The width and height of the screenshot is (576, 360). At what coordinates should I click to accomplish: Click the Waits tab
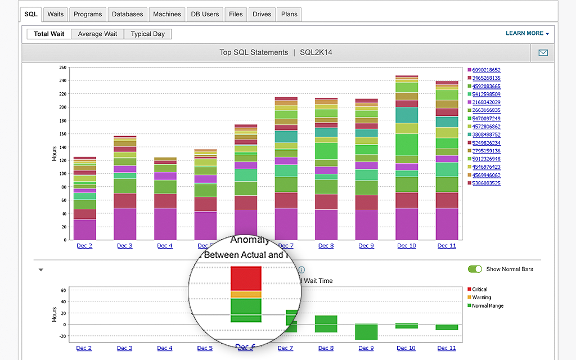pyautogui.click(x=55, y=14)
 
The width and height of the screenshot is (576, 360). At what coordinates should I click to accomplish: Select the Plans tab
pyautogui.click(x=289, y=14)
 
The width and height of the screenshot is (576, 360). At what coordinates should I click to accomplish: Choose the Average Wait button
pyautogui.click(x=97, y=34)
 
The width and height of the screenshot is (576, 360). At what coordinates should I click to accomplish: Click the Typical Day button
pyautogui.click(x=148, y=34)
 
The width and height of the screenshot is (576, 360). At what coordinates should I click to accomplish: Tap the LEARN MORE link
pyautogui.click(x=526, y=33)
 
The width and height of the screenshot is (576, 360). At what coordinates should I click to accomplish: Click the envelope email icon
pyautogui.click(x=543, y=53)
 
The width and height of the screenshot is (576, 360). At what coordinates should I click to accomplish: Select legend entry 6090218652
pyautogui.click(x=486, y=70)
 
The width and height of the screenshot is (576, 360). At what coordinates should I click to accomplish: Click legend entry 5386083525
pyautogui.click(x=486, y=183)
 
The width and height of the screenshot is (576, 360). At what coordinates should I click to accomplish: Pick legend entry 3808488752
pyautogui.click(x=486, y=134)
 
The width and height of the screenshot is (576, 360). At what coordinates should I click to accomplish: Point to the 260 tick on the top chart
pyautogui.click(x=62, y=67)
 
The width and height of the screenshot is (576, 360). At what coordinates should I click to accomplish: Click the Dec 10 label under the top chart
pyautogui.click(x=406, y=246)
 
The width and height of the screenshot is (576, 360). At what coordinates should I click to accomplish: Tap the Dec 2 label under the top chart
pyautogui.click(x=84, y=246)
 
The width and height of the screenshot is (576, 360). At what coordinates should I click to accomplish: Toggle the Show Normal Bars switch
pyautogui.click(x=475, y=269)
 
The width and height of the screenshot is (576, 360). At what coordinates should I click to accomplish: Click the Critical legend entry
pyautogui.click(x=479, y=289)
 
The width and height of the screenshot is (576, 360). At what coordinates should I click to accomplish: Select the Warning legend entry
pyautogui.click(x=481, y=298)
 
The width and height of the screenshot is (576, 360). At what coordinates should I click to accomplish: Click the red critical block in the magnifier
pyautogui.click(x=246, y=278)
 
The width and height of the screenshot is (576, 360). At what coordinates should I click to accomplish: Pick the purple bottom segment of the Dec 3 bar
pyautogui.click(x=125, y=224)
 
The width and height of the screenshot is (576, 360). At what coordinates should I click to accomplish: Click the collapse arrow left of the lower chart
pyautogui.click(x=41, y=269)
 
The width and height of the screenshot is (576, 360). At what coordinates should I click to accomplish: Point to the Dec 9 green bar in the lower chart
pyautogui.click(x=366, y=332)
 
